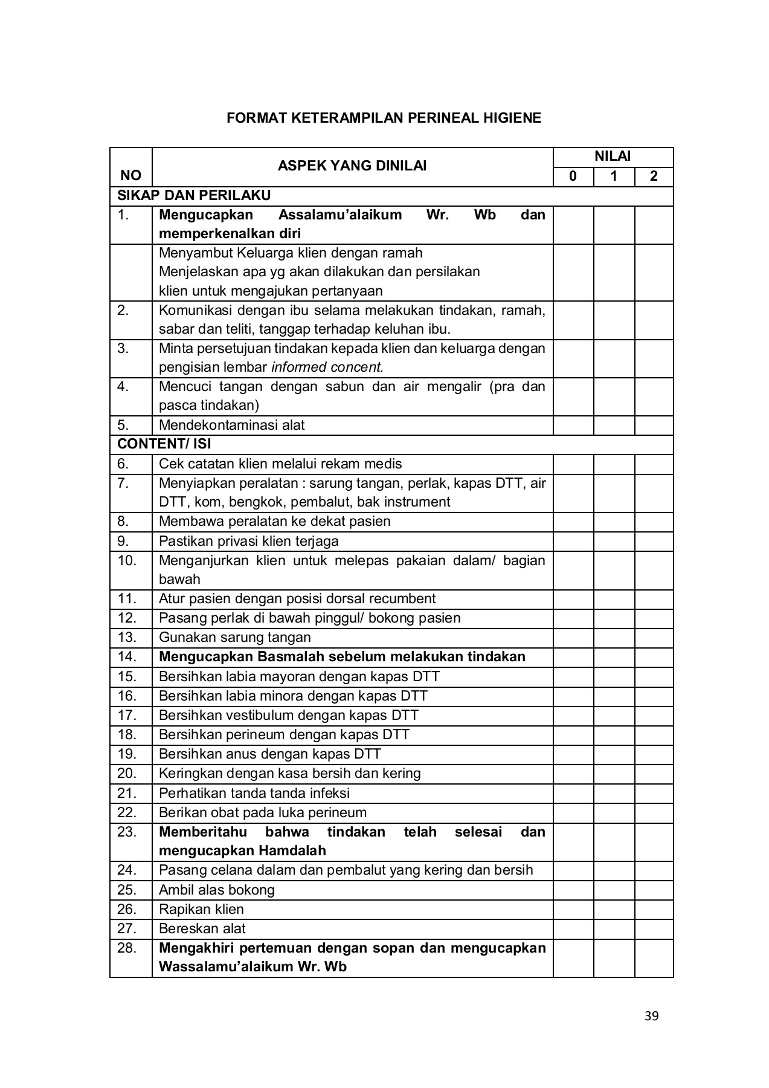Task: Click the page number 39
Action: (651, 1015)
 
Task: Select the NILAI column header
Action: (613, 157)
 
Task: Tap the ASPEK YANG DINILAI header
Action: (352, 166)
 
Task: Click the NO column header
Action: (130, 175)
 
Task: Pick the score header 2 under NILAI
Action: (654, 176)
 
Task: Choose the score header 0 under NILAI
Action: (573, 176)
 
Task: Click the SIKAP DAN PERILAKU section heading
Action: (194, 195)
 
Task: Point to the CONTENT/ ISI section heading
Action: (164, 444)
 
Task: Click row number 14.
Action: (127, 656)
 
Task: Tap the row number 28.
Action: (127, 947)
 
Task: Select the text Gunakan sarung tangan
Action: (234, 637)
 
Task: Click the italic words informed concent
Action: (327, 367)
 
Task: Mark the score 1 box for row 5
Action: (614, 425)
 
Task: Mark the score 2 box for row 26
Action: (654, 909)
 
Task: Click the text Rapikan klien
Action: (201, 909)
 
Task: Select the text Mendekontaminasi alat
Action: (231, 425)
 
